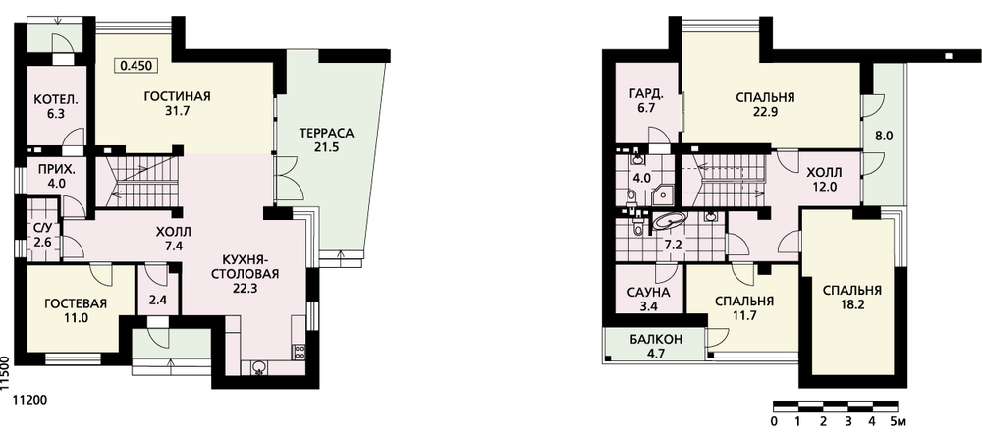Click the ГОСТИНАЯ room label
click(177, 96)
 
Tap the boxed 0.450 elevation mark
click(136, 65)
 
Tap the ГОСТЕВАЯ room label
click(76, 304)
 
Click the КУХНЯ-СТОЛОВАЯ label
click(245, 266)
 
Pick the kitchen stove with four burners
click(299, 352)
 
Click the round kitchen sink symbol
click(259, 368)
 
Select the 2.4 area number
click(158, 299)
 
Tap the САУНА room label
click(648, 292)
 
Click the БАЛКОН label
click(655, 341)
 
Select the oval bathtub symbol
click(670, 220)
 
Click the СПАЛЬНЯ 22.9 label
click(765, 105)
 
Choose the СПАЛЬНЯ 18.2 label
click(851, 297)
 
